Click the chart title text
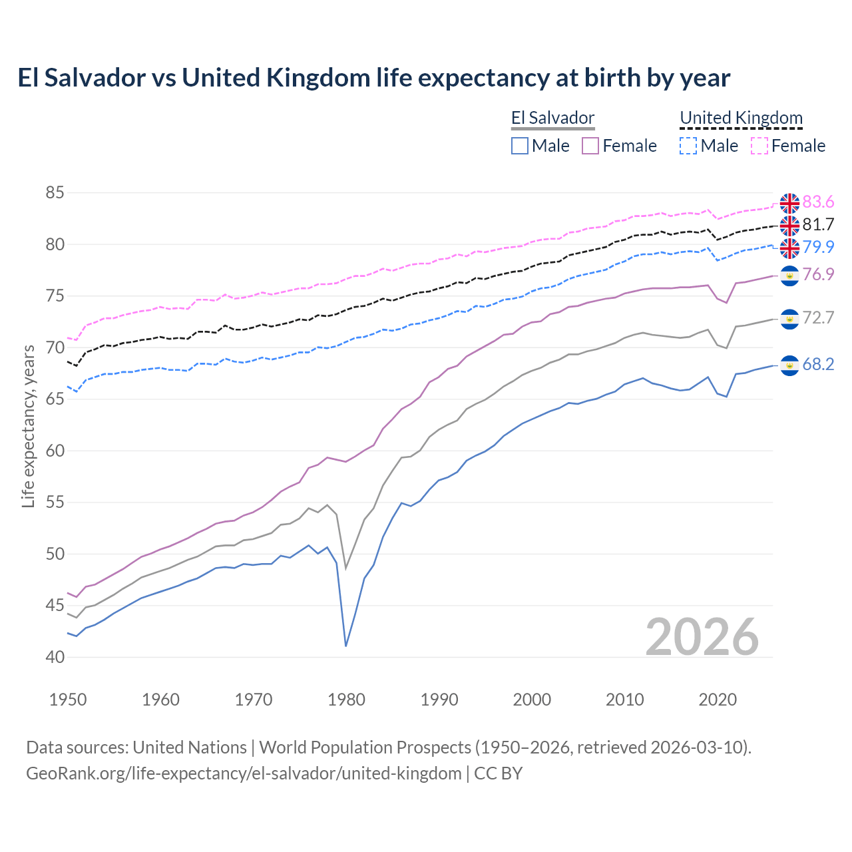[373, 78]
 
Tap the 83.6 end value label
[818, 202]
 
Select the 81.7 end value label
[818, 225]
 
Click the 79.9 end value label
[818, 247]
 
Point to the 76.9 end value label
[818, 275]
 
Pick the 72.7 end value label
[818, 318]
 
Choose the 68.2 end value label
[818, 365]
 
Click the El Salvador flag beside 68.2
[789, 365]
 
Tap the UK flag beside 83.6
[789, 203]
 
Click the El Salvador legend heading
[552, 118]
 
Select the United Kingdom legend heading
[741, 118]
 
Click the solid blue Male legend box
[520, 146]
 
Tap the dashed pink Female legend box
[759, 146]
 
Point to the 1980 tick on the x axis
[346, 700]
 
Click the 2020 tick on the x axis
[718, 700]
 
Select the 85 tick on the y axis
[55, 193]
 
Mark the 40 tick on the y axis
[55, 657]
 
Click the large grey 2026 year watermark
[702, 637]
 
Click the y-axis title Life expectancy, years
[29, 426]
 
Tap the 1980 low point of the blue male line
[346, 646]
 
